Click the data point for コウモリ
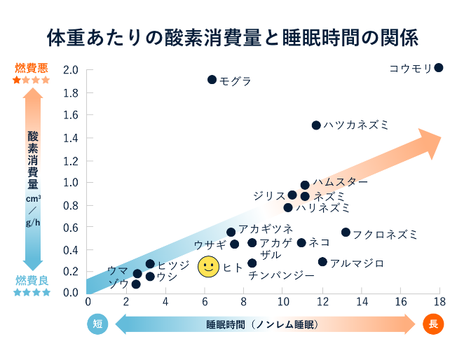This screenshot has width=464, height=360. coord(439,68)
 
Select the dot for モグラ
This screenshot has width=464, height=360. coord(212,80)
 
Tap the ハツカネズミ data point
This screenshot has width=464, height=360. coord(316,125)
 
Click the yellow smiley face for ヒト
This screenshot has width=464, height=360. coord(208,267)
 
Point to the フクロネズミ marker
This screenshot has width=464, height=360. coord(346,233)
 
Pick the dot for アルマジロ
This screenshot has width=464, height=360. coord(322,262)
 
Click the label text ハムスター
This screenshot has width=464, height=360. coord(340,182)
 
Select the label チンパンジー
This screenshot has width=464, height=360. coord(281,276)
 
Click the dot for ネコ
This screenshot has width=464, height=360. coord(301,243)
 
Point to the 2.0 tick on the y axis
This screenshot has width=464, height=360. coord(71,70)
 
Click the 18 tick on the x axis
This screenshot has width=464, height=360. coord(439,302)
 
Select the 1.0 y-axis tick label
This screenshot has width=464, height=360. coord(71,183)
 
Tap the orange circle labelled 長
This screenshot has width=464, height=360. coord(433,324)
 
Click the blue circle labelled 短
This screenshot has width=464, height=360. coord(97,324)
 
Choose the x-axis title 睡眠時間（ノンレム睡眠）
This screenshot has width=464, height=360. coord(262,324)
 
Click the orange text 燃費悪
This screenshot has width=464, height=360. coord(32,69)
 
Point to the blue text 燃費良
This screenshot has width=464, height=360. coord(32,280)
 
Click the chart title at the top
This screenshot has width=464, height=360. coord(231,35)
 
